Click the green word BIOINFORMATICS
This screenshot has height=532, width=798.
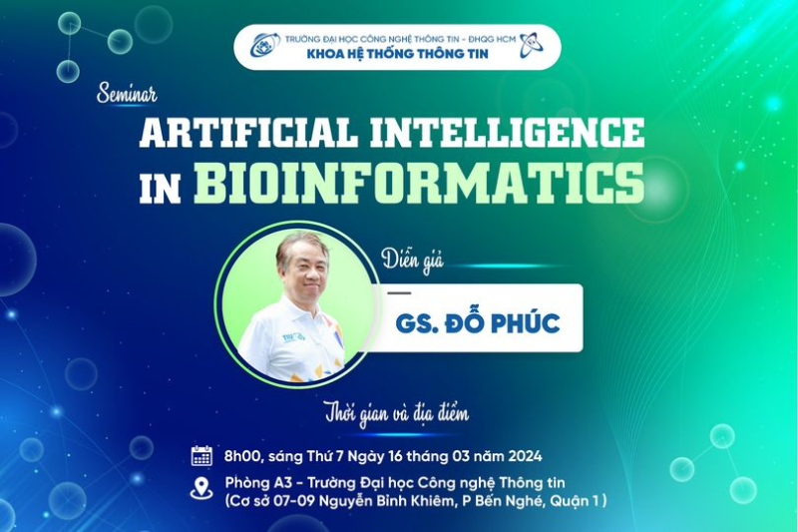pos(419,183)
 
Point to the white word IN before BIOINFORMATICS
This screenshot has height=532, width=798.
pos(161,189)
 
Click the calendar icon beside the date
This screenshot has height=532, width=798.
pos(201,455)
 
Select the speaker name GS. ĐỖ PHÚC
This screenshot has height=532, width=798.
pos(478,322)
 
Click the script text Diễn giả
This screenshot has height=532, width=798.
pos(413,262)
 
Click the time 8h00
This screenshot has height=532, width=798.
pos(242,455)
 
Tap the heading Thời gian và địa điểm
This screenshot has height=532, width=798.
pos(397,413)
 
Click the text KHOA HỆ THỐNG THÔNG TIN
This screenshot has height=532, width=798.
pos(397,54)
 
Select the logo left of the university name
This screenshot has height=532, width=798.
pos(265,45)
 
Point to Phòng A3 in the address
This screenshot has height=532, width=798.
pos(258,483)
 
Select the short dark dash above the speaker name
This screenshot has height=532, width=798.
pos(399,293)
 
